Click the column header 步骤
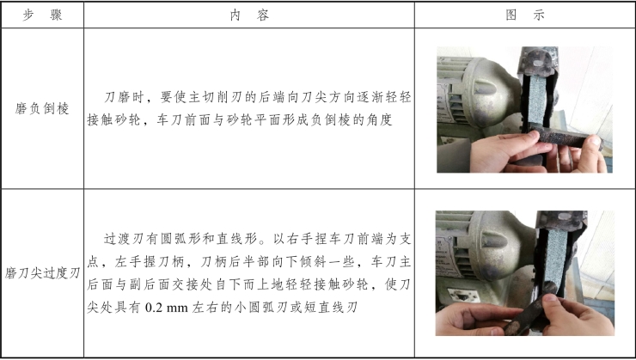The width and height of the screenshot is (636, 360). pyautogui.click(x=42, y=15)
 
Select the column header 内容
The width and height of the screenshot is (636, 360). pyautogui.click(x=249, y=15)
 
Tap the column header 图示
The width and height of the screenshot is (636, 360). pyautogui.click(x=525, y=15)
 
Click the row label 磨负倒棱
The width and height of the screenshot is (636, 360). pyautogui.click(x=42, y=108)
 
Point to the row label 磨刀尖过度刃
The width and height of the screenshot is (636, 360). pyautogui.click(x=43, y=273)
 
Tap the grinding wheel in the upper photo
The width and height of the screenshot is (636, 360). pyautogui.click(x=537, y=101)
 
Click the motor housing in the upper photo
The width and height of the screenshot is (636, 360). pyautogui.click(x=479, y=94)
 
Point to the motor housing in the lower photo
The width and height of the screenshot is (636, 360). pyautogui.click(x=486, y=252)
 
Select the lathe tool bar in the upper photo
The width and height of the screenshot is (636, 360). pyautogui.click(x=565, y=137)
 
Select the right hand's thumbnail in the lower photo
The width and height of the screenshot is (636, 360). pyautogui.click(x=551, y=298)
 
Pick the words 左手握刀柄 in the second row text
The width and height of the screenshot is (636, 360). pyautogui.click(x=150, y=262)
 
